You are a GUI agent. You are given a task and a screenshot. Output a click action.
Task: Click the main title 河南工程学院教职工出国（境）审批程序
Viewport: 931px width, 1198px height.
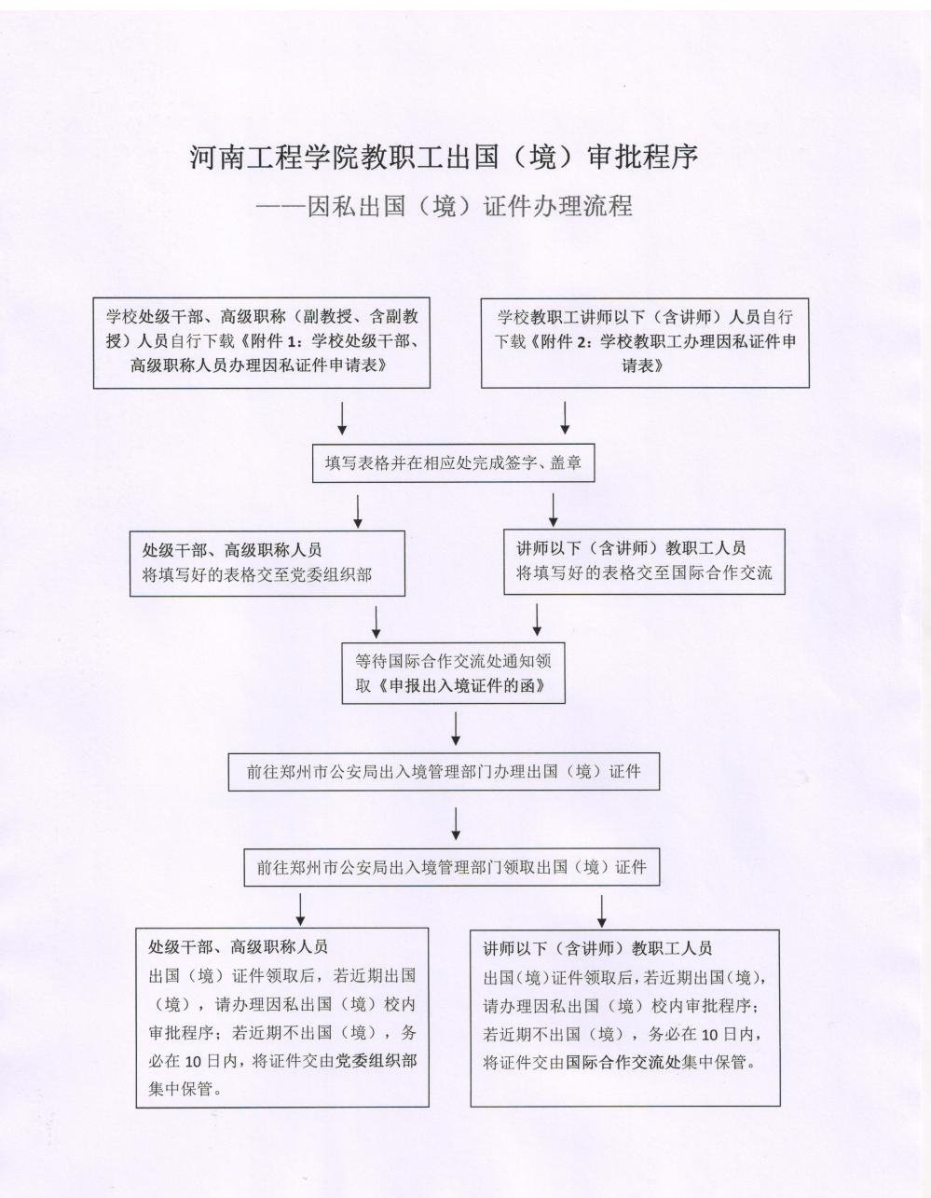pyautogui.click(x=444, y=158)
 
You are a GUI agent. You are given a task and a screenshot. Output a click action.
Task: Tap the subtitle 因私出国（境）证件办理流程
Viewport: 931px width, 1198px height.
pyautogui.click(x=470, y=207)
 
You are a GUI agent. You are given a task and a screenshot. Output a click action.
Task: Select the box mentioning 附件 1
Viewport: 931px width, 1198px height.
pyautogui.click(x=262, y=342)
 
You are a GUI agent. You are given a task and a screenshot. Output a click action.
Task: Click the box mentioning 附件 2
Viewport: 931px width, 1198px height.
pyautogui.click(x=645, y=342)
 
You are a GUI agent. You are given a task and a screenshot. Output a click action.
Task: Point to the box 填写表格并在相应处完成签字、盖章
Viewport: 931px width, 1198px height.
pyautogui.click(x=453, y=462)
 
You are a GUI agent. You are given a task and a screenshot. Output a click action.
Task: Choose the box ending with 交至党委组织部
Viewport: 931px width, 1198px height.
pyautogui.click(x=267, y=563)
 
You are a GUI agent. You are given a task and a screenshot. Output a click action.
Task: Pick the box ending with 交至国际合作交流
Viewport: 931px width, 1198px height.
pyautogui.click(x=645, y=562)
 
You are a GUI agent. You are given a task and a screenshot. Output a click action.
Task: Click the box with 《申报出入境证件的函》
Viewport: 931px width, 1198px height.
pyautogui.click(x=453, y=672)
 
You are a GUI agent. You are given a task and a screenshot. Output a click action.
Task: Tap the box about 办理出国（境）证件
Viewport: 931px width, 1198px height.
pyautogui.click(x=444, y=771)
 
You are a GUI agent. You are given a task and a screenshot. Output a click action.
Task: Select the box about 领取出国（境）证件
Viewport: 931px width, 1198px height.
pyautogui.click(x=452, y=867)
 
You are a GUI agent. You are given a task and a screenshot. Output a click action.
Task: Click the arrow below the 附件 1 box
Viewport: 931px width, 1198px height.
pyautogui.click(x=341, y=418)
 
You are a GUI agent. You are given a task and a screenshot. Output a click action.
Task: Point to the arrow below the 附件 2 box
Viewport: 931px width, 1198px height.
pyautogui.click(x=565, y=418)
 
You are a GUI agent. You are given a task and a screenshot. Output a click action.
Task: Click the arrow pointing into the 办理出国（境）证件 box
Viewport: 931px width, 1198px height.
pyautogui.click(x=456, y=729)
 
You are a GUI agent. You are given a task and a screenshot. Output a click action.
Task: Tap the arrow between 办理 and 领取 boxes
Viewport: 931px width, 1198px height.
pyautogui.click(x=456, y=823)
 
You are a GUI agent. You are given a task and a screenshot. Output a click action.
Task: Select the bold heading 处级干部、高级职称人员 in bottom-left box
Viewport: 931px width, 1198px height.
pyautogui.click(x=238, y=947)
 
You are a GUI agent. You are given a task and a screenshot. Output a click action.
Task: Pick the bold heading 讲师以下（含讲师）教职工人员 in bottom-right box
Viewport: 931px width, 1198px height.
pyautogui.click(x=597, y=948)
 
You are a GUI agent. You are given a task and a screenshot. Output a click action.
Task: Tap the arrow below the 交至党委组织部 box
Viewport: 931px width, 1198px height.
pyautogui.click(x=377, y=622)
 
